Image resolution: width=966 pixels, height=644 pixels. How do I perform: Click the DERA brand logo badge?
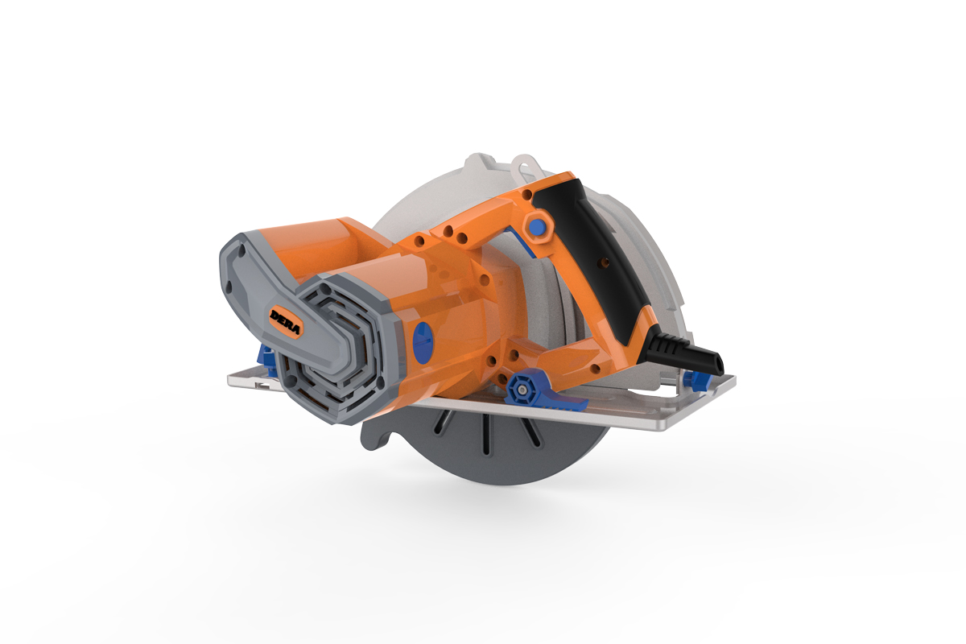(287, 316)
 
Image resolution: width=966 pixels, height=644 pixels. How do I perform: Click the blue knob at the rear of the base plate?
(695, 378)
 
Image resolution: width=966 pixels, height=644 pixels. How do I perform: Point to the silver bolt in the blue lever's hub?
(521, 390)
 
